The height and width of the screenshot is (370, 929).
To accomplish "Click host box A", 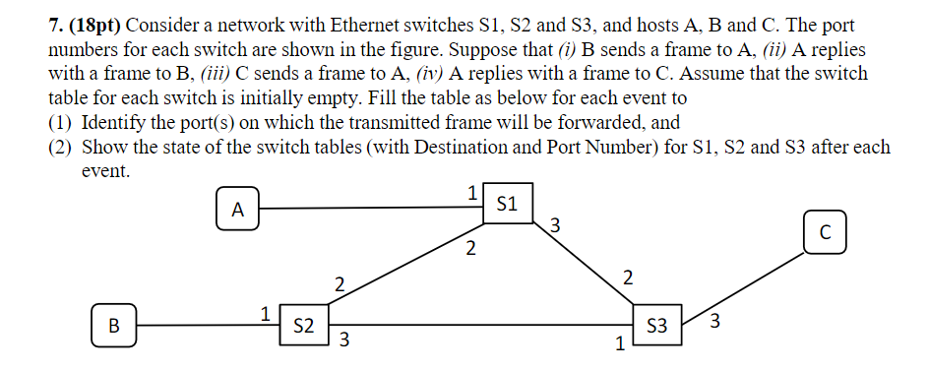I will click(236, 210).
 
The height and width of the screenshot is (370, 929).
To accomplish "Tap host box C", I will click(824, 232).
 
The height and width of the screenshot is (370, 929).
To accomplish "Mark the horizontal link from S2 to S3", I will click(482, 324).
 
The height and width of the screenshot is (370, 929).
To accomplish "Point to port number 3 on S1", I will click(555, 225).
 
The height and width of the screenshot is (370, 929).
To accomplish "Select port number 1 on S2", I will click(264, 314).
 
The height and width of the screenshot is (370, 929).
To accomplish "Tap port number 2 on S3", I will click(628, 277).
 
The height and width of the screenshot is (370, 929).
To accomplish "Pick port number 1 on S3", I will click(619, 345).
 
